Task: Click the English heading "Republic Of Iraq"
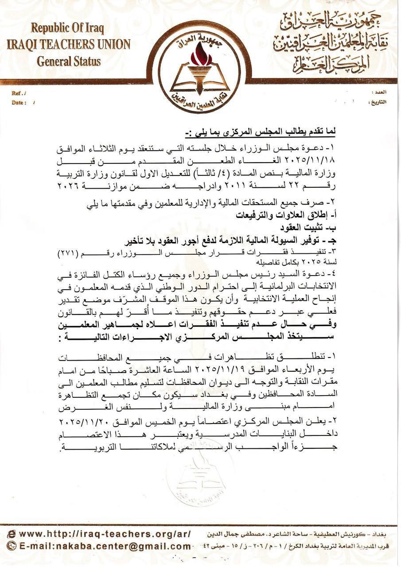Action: click(x=68, y=29)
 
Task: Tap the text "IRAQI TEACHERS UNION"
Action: click(x=69, y=45)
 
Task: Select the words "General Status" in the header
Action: click(x=69, y=61)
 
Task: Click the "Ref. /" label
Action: click(x=19, y=93)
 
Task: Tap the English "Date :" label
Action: click(x=19, y=103)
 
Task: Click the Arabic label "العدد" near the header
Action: click(x=380, y=92)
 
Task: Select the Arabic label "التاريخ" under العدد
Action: click(x=378, y=102)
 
